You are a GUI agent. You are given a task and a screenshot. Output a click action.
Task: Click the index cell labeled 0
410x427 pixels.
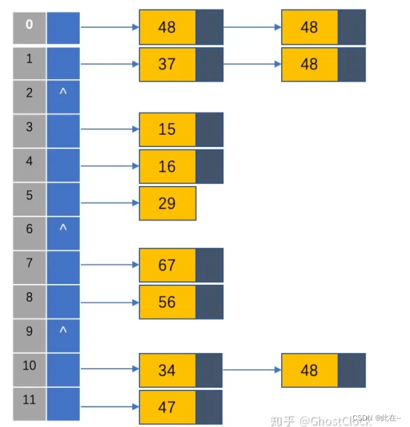click(29, 27)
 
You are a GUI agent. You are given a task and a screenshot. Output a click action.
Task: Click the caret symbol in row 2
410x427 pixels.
click(63, 93)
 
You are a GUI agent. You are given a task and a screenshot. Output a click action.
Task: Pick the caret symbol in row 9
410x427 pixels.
click(63, 331)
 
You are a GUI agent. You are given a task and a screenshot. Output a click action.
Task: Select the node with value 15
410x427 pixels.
click(167, 129)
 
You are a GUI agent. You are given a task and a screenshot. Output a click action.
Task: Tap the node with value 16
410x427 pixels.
click(167, 166)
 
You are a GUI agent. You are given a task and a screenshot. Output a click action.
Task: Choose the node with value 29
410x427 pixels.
click(167, 203)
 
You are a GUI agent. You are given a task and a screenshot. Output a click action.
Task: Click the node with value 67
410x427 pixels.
click(167, 265)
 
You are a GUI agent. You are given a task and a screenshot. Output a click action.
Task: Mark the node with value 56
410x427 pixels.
click(167, 302)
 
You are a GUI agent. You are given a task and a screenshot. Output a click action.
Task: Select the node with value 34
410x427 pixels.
click(167, 370)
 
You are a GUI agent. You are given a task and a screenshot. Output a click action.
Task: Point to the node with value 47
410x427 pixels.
click(167, 407)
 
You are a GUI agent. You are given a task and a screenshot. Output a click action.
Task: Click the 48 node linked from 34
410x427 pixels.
click(310, 370)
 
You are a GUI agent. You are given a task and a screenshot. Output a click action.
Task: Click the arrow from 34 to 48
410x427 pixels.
click(252, 370)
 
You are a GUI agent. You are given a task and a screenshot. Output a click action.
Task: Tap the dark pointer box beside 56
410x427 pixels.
click(210, 302)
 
